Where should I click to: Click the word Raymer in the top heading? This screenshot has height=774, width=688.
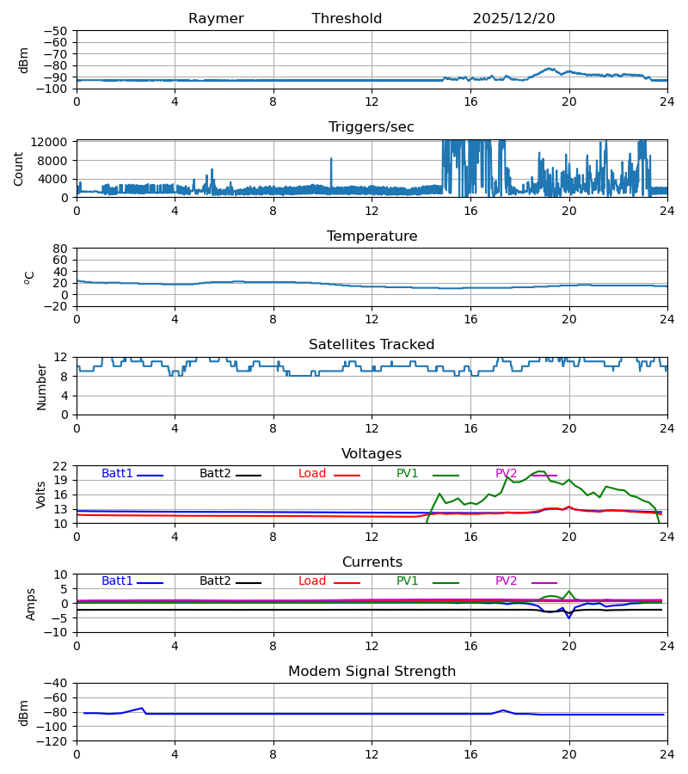pos(216,19)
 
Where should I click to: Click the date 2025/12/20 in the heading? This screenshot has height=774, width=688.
pos(513,19)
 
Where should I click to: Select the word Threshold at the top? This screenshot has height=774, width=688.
pos(347,19)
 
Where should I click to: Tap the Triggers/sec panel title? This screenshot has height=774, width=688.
pos(371,127)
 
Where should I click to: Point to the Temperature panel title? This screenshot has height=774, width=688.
pos(372,236)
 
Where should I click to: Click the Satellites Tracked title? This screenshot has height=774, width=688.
pos(372,345)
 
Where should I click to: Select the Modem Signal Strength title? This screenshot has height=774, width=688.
pos(372,672)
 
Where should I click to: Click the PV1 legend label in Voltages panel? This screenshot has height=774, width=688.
pos(407,474)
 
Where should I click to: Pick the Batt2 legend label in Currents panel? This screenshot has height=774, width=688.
pos(215,581)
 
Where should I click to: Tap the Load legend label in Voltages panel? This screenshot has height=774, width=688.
pos(312,474)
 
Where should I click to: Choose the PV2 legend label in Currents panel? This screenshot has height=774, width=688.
pos(506,581)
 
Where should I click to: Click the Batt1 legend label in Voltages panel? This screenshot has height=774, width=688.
pos(117,474)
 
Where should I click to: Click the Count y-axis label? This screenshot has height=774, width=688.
pos(20,169)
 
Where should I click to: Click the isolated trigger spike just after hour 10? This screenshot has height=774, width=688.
pos(330,159)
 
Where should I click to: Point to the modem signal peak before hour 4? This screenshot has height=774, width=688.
pos(142,708)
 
